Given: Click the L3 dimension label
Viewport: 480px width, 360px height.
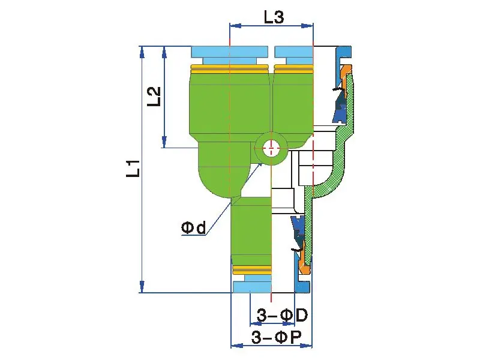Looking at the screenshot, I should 274,17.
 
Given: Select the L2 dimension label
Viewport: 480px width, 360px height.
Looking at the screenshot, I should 154,96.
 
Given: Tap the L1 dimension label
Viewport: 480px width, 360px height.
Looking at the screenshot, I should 133,168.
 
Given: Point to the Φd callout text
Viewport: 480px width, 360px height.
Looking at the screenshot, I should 193,228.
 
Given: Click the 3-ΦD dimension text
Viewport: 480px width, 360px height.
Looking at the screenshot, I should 282,315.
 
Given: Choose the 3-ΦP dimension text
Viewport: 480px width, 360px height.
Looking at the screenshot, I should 276,337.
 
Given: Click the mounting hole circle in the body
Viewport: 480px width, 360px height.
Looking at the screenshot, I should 271,146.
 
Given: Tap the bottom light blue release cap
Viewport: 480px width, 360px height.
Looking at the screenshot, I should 252,287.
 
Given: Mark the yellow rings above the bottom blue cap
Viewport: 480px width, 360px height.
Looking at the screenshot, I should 251,268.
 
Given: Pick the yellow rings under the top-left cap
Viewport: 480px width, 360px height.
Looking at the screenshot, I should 230,68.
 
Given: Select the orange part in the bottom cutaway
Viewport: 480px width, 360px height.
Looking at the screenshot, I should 305,258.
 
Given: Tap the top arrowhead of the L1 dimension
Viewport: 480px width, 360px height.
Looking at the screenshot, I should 142,51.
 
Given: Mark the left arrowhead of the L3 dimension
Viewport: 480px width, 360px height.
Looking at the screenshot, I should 235,26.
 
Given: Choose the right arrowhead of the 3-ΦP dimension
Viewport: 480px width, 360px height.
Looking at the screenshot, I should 308,346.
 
